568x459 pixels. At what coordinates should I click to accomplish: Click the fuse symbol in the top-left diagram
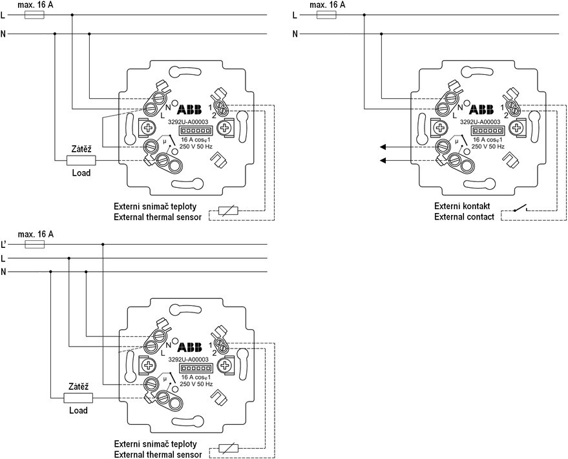[x=34, y=15]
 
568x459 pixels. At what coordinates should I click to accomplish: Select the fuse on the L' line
[x=34, y=244]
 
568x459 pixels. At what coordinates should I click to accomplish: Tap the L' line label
[x=4, y=245]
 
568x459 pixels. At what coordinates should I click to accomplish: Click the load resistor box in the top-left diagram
[x=81, y=160]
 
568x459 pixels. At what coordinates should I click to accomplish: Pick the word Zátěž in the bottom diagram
[x=79, y=387]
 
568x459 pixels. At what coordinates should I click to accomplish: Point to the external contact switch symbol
[x=520, y=209]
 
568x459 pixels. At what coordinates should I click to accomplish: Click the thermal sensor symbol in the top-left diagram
[x=228, y=210]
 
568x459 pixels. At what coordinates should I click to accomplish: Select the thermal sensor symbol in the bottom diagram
[x=228, y=449]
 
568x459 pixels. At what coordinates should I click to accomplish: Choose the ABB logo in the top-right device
[x=481, y=109]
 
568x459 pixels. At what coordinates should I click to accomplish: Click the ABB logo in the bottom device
[x=189, y=347]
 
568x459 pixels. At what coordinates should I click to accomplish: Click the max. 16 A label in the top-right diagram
[x=328, y=5]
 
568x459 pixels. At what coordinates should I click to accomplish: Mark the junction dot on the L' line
[x=103, y=244]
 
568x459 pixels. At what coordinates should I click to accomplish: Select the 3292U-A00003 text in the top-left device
[x=188, y=122]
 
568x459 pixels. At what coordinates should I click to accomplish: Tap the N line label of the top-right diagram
[x=295, y=34]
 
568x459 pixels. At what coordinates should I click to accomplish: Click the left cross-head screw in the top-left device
[x=148, y=127]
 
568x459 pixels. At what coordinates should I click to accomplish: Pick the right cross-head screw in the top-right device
[x=516, y=127]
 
